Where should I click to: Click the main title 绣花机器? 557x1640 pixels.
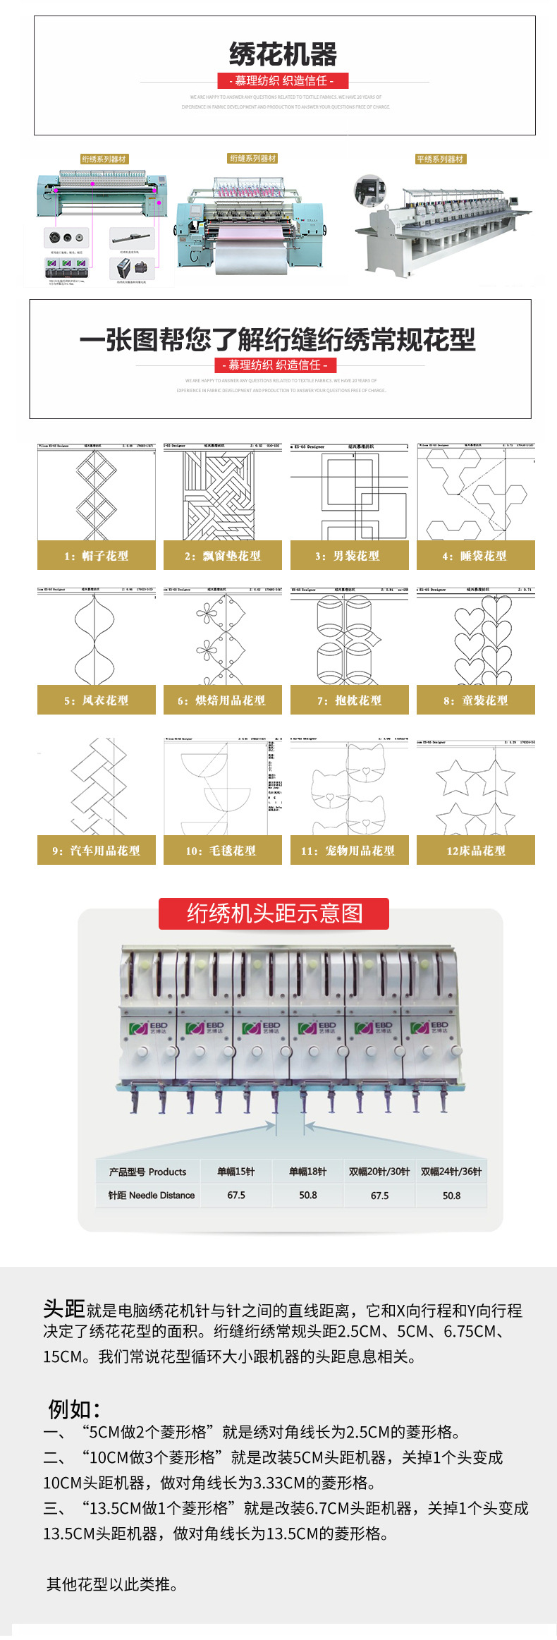click(283, 54)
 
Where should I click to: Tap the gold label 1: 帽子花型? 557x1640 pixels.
click(97, 556)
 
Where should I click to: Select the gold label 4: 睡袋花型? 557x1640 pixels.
click(475, 556)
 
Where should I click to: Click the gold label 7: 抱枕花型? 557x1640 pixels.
click(349, 700)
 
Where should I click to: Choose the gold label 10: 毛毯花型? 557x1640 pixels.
click(222, 851)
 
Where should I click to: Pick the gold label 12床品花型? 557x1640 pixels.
click(476, 851)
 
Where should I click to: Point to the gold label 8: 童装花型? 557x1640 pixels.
click(475, 700)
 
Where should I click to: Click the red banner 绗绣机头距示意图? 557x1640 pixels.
click(274, 913)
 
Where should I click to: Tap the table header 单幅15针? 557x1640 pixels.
click(236, 1172)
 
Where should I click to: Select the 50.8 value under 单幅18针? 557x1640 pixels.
click(308, 1196)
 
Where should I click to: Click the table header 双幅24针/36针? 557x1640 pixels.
click(451, 1172)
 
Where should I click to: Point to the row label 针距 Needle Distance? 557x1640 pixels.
click(151, 1196)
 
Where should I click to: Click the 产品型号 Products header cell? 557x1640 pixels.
click(148, 1172)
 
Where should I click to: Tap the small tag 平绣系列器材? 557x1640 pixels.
click(440, 159)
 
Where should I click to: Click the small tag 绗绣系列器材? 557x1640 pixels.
click(104, 159)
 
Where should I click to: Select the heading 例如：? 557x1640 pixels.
click(74, 1409)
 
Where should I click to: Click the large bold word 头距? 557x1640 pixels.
click(63, 1309)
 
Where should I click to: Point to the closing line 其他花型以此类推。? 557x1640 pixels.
click(112, 1584)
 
